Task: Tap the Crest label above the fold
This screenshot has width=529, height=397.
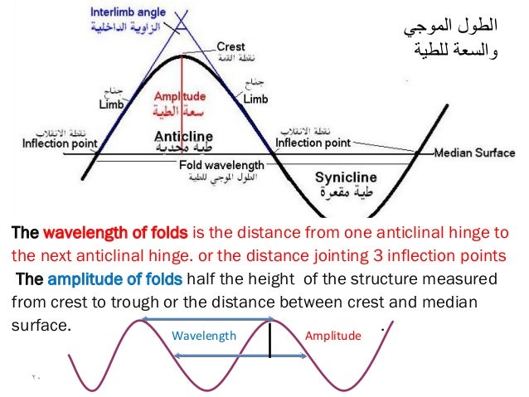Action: click(231, 46)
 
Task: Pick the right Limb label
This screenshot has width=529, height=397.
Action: click(255, 99)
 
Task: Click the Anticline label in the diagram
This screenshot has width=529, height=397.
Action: click(183, 135)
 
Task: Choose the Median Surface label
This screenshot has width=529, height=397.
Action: click(474, 153)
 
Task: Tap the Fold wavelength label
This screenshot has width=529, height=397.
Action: click(221, 166)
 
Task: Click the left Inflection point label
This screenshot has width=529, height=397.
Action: click(57, 143)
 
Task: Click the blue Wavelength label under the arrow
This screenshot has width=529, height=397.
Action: click(203, 336)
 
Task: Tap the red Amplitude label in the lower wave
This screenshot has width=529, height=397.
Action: click(333, 336)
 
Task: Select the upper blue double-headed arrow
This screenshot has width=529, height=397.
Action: click(208, 319)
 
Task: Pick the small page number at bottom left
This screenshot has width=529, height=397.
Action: click(36, 380)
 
